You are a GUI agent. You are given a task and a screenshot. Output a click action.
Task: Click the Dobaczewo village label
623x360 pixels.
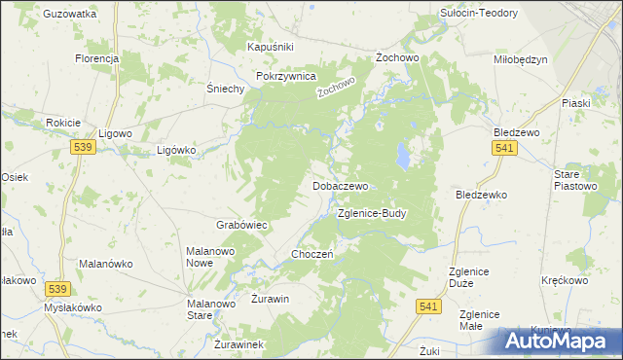pos(340,185)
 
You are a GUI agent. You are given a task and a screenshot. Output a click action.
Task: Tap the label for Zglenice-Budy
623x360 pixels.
pos(372,213)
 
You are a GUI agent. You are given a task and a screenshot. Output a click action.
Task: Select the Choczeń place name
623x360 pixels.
pos(313,254)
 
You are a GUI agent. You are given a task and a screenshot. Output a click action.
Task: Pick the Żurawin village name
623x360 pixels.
pos(271,299)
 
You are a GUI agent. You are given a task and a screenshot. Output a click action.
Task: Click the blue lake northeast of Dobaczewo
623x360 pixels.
pos(402,155)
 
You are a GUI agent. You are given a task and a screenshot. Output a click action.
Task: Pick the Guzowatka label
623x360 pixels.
pos(70,15)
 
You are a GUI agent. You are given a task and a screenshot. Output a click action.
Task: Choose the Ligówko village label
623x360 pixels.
pos(177,151)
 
